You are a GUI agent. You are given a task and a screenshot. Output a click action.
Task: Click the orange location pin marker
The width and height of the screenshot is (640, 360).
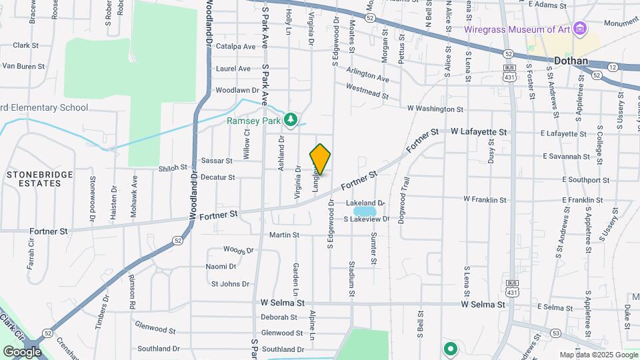(x=320, y=159)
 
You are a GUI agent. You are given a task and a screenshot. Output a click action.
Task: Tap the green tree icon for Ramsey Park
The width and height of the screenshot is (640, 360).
(x=290, y=119)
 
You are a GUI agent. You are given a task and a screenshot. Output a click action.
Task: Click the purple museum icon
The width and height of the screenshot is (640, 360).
(x=580, y=29)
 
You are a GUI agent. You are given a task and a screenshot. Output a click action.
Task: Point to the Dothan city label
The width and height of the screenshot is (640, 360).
(x=571, y=61)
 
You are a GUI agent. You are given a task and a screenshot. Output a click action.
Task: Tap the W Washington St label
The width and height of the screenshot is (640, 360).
(x=435, y=108)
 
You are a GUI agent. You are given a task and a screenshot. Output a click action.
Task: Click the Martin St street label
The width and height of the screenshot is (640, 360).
(x=285, y=235)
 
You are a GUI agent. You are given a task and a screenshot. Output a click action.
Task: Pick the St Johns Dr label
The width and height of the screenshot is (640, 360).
(x=230, y=283)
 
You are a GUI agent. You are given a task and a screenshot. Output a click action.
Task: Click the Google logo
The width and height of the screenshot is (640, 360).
(x=22, y=351)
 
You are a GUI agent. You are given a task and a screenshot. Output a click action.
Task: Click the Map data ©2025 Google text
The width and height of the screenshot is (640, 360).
(x=598, y=355)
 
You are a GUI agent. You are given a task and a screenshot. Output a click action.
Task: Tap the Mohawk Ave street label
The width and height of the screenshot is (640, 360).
(x=135, y=190)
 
